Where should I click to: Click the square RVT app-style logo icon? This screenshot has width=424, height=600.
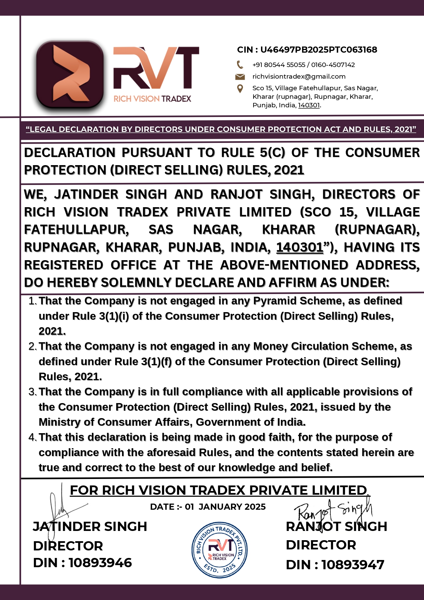coord(70,75)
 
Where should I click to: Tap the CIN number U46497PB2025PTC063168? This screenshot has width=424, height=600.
coord(318,50)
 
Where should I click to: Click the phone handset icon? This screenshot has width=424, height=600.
coord(240,65)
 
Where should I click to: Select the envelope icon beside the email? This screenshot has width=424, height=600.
coord(240,77)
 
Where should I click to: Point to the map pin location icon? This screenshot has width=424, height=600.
coord(240,89)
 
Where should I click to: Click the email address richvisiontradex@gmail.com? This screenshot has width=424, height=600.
coord(299,77)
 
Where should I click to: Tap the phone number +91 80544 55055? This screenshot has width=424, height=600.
coord(279,65)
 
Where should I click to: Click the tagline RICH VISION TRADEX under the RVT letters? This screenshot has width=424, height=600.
coord(152,99)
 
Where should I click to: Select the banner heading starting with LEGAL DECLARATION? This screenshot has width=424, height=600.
coord(221,129)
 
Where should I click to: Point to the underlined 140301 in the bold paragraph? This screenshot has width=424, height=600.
coord(300,247)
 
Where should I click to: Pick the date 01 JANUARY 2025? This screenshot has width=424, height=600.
coord(225,507)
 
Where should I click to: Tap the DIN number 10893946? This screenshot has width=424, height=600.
coord(100,563)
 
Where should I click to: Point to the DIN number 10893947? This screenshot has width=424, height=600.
coord(353,565)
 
